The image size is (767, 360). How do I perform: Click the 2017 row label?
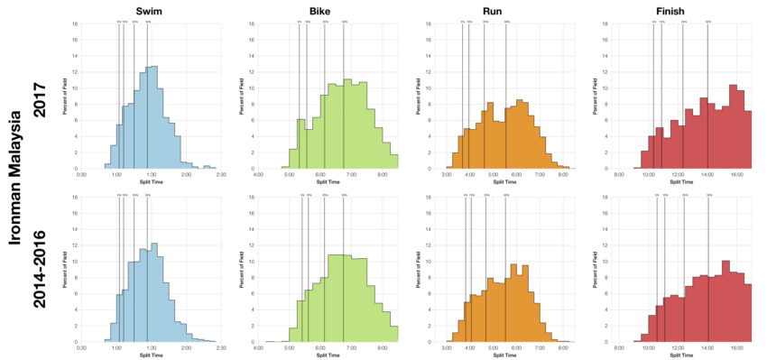[x=40, y=93]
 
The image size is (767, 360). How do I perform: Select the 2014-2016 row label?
[x=40, y=268]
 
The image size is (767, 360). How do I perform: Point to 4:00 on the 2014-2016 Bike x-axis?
[x=259, y=348]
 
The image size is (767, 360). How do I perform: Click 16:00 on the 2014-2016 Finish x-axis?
[x=736, y=348]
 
